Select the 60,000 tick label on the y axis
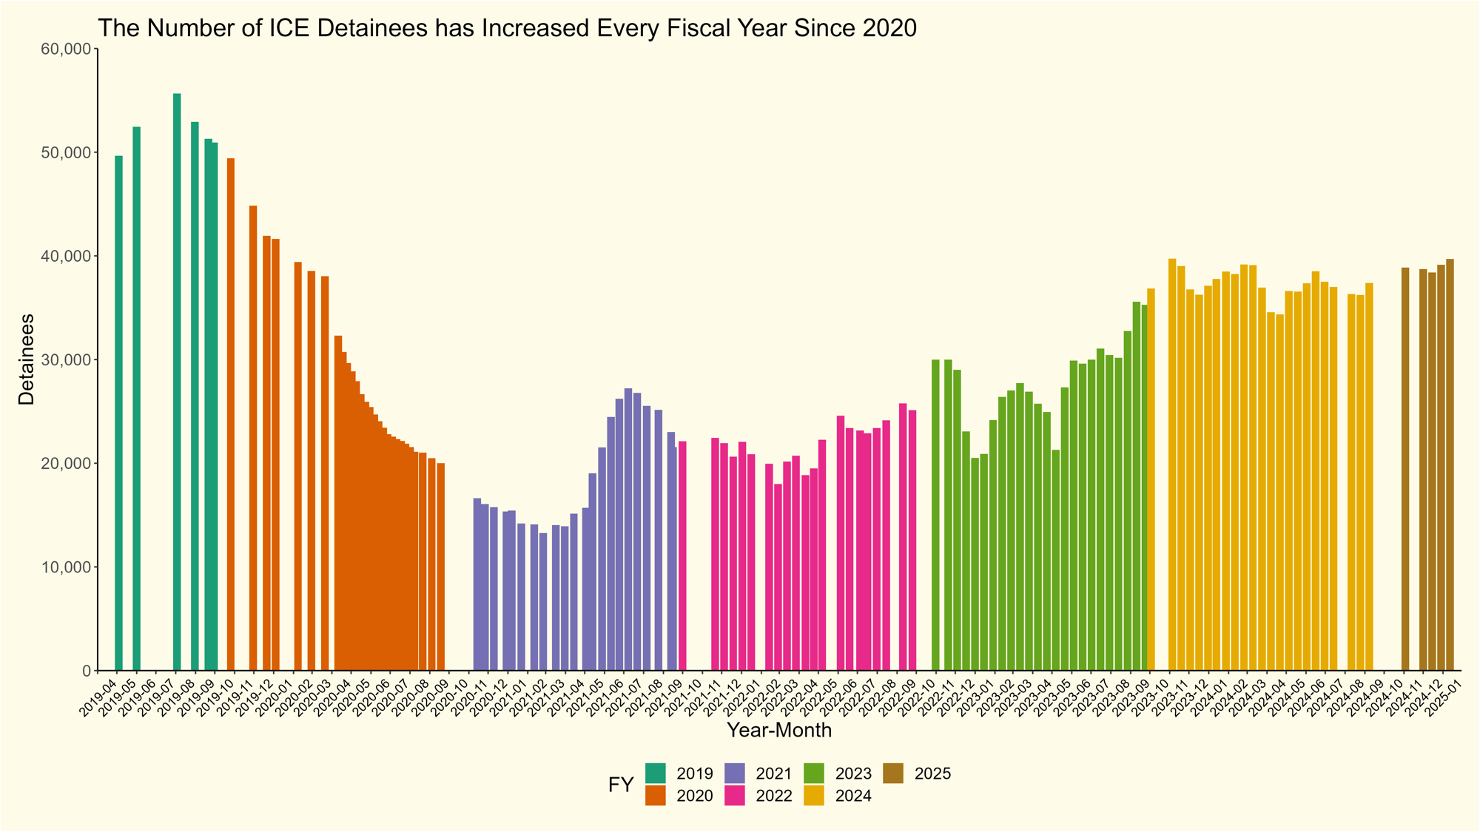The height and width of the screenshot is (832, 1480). [x=67, y=50]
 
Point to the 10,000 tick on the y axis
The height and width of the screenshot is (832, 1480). [x=67, y=567]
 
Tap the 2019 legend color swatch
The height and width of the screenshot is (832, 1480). [x=656, y=774]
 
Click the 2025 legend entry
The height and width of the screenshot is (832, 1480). [x=932, y=774]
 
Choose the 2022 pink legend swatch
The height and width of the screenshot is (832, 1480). [x=736, y=796]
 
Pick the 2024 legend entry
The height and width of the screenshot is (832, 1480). [x=853, y=797]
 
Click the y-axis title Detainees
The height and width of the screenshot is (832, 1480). [x=27, y=359]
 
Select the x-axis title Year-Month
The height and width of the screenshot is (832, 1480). [x=778, y=731]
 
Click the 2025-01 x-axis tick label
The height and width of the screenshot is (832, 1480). [x=1443, y=696]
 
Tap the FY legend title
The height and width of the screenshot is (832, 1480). [x=621, y=785]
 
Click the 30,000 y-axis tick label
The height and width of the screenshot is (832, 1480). [x=67, y=360]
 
